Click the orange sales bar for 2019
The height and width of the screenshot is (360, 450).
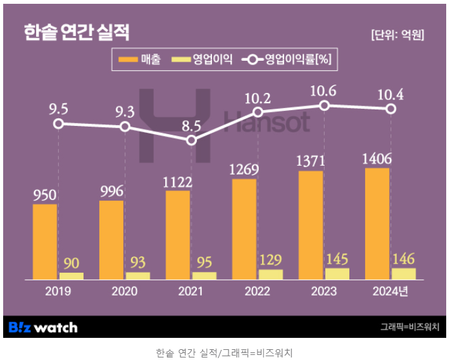[x=45, y=242]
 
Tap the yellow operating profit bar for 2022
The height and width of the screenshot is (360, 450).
[x=271, y=274]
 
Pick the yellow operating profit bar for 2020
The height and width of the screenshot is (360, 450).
[x=138, y=275]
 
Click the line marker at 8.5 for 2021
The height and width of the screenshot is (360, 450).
[x=192, y=140]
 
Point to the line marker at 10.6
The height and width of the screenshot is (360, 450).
[x=325, y=105]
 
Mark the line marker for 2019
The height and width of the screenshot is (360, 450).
[x=58, y=123]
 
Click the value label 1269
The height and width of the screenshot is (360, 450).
[x=244, y=170]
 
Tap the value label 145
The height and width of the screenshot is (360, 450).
[x=337, y=259]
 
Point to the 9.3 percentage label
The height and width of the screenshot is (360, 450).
[x=125, y=111]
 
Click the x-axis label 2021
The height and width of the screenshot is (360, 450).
[x=191, y=292]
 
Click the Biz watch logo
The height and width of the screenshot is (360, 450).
[x=43, y=327]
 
